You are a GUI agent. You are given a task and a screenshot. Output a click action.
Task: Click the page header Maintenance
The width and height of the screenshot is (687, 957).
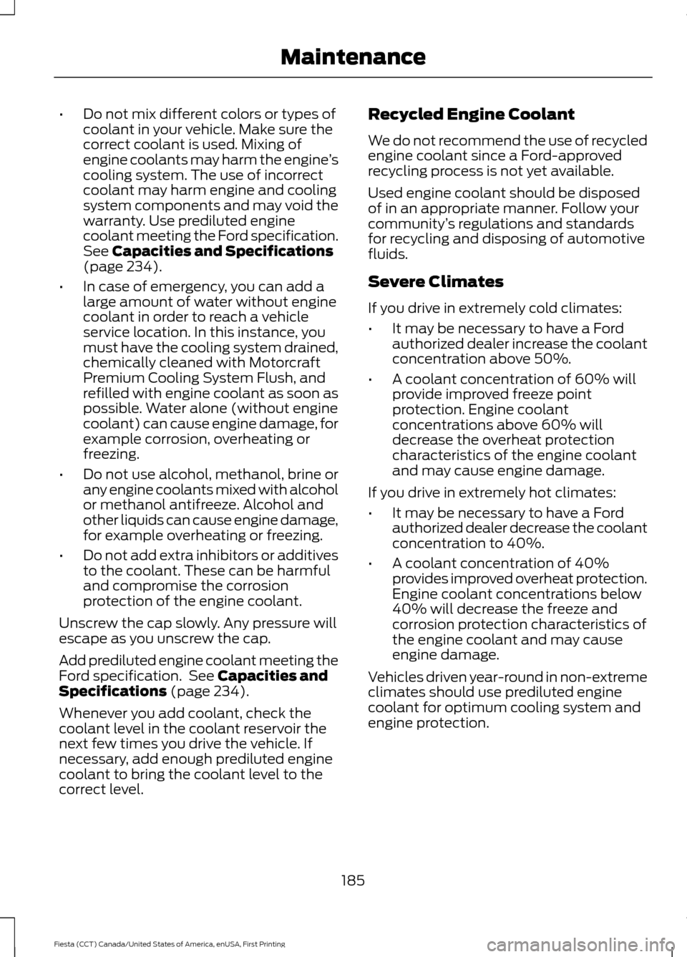click(x=353, y=57)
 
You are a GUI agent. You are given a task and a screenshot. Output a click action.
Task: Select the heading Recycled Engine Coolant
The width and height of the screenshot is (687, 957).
click(x=471, y=115)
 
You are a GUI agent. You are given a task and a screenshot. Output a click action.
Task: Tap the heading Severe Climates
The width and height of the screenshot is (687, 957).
click(x=435, y=282)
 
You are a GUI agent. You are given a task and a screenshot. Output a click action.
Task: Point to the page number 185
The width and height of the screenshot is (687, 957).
click(x=353, y=880)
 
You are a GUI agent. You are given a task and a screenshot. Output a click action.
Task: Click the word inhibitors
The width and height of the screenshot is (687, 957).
click(x=217, y=555)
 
